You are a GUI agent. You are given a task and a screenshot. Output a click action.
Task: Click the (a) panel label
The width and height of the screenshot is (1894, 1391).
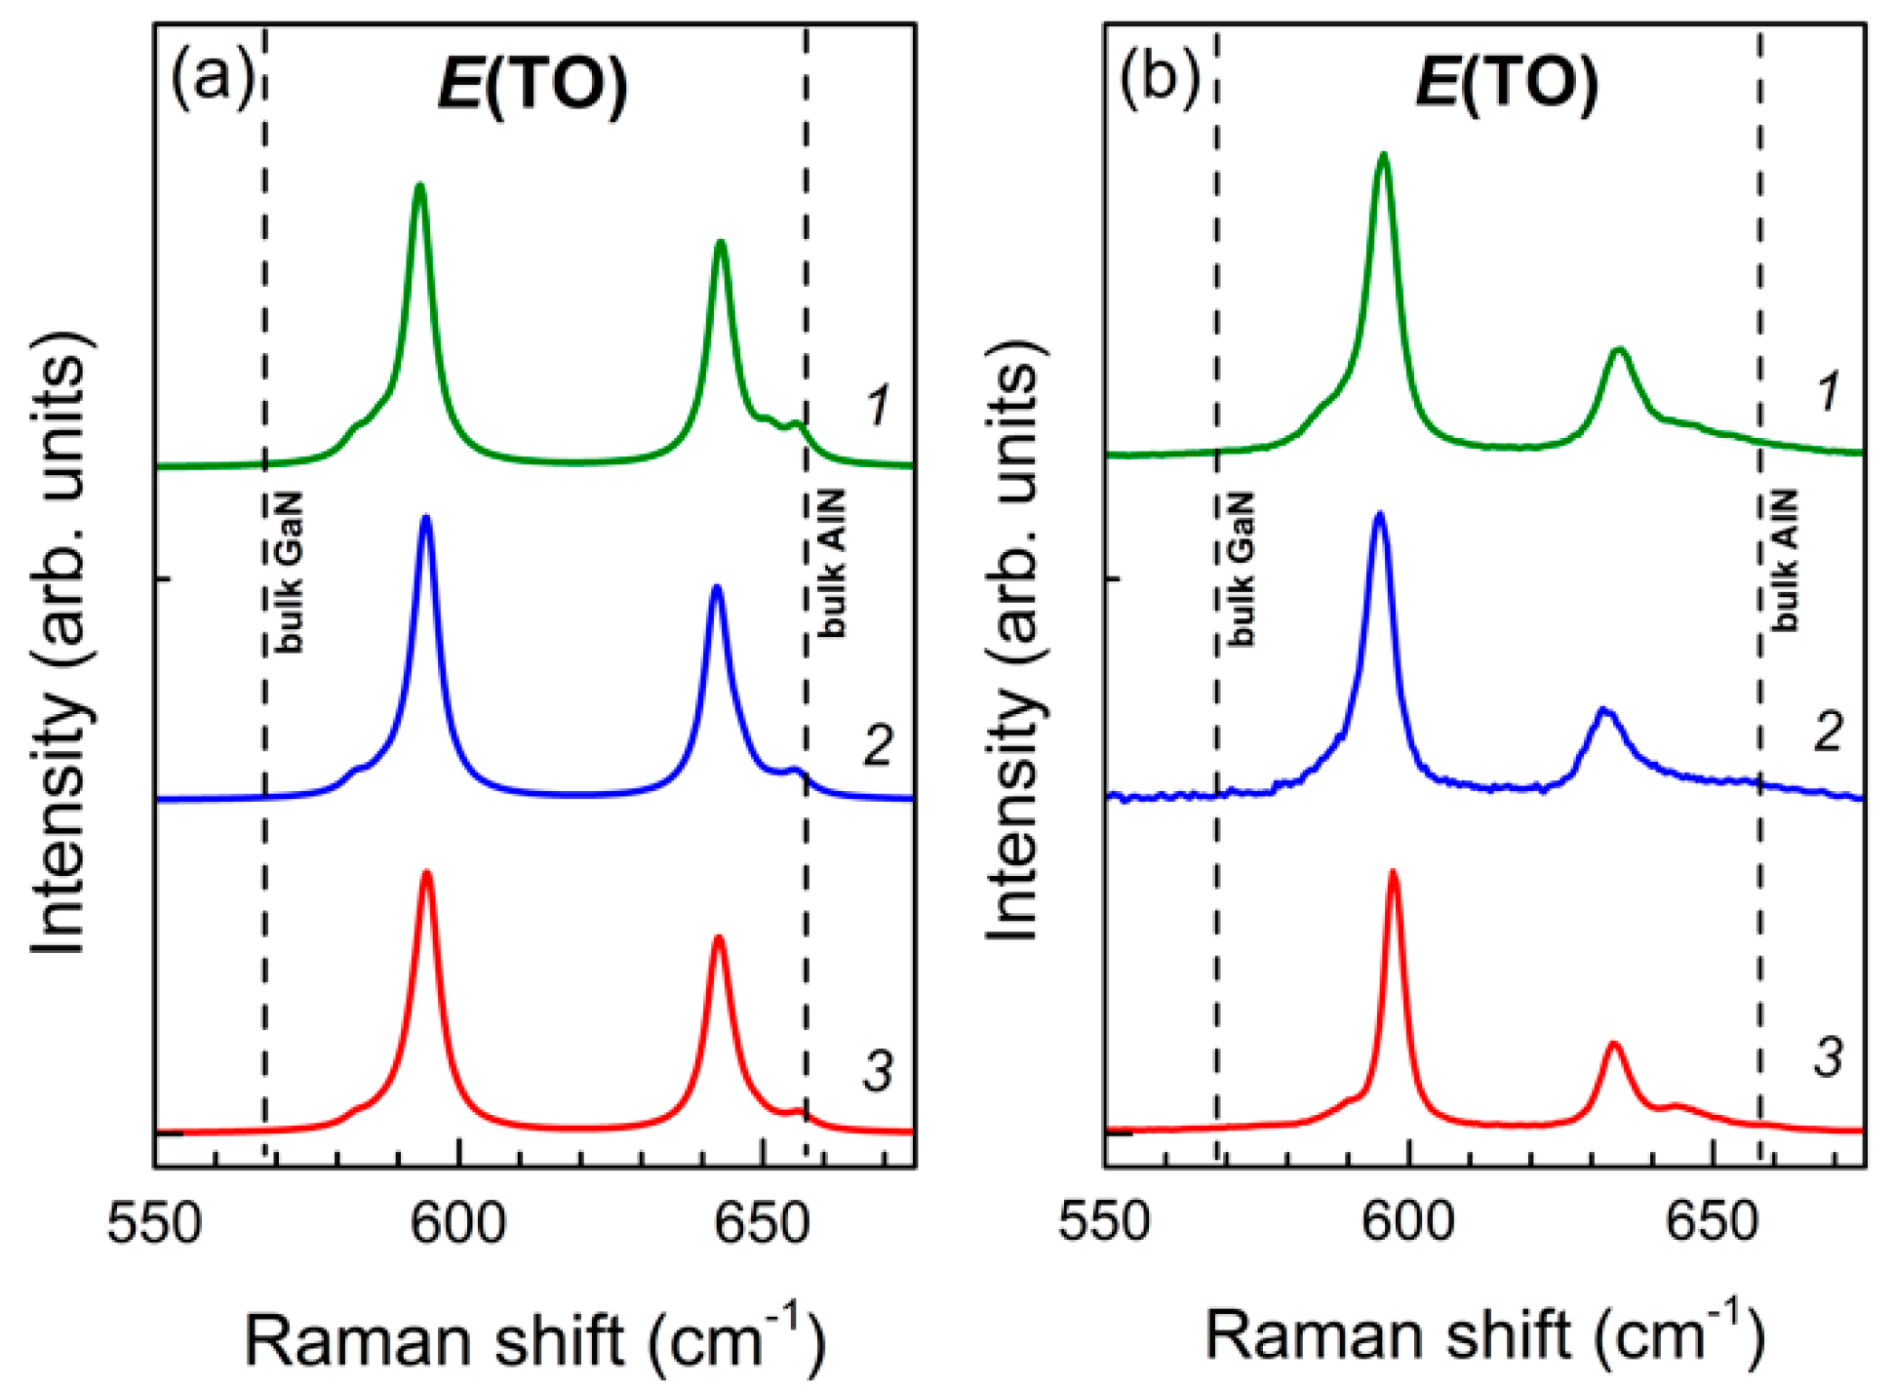coord(211,78)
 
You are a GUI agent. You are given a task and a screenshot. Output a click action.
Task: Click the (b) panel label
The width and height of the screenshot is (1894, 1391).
coord(1159,78)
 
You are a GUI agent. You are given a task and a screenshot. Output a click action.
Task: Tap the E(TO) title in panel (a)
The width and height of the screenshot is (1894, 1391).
coord(533,86)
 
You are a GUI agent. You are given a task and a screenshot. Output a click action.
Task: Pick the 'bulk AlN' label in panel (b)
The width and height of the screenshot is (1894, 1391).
coord(1784,561)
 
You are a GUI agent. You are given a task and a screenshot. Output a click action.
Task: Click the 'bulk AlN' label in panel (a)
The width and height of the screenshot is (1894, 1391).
coord(832,564)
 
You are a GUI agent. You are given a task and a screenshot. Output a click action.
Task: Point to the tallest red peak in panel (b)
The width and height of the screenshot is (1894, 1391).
coord(1393,872)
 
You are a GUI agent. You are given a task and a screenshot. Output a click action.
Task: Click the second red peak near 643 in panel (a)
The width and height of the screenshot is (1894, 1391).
coord(719,938)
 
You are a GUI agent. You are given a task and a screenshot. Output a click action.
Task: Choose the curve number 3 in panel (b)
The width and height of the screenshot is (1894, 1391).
coord(1828,1056)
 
